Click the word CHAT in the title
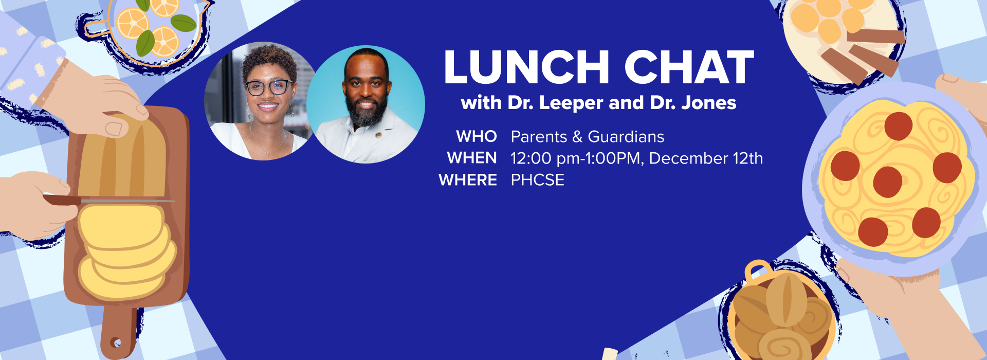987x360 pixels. click(689, 67)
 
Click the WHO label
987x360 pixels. click(477, 137)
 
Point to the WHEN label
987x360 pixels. click(472, 158)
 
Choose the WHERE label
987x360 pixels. click(468, 180)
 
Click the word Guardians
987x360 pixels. click(626, 137)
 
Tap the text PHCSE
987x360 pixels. click(538, 180)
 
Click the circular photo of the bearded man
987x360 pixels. click(366, 105)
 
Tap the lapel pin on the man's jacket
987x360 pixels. click(378, 135)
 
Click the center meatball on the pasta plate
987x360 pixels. click(887, 182)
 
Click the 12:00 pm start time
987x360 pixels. click(545, 158)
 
